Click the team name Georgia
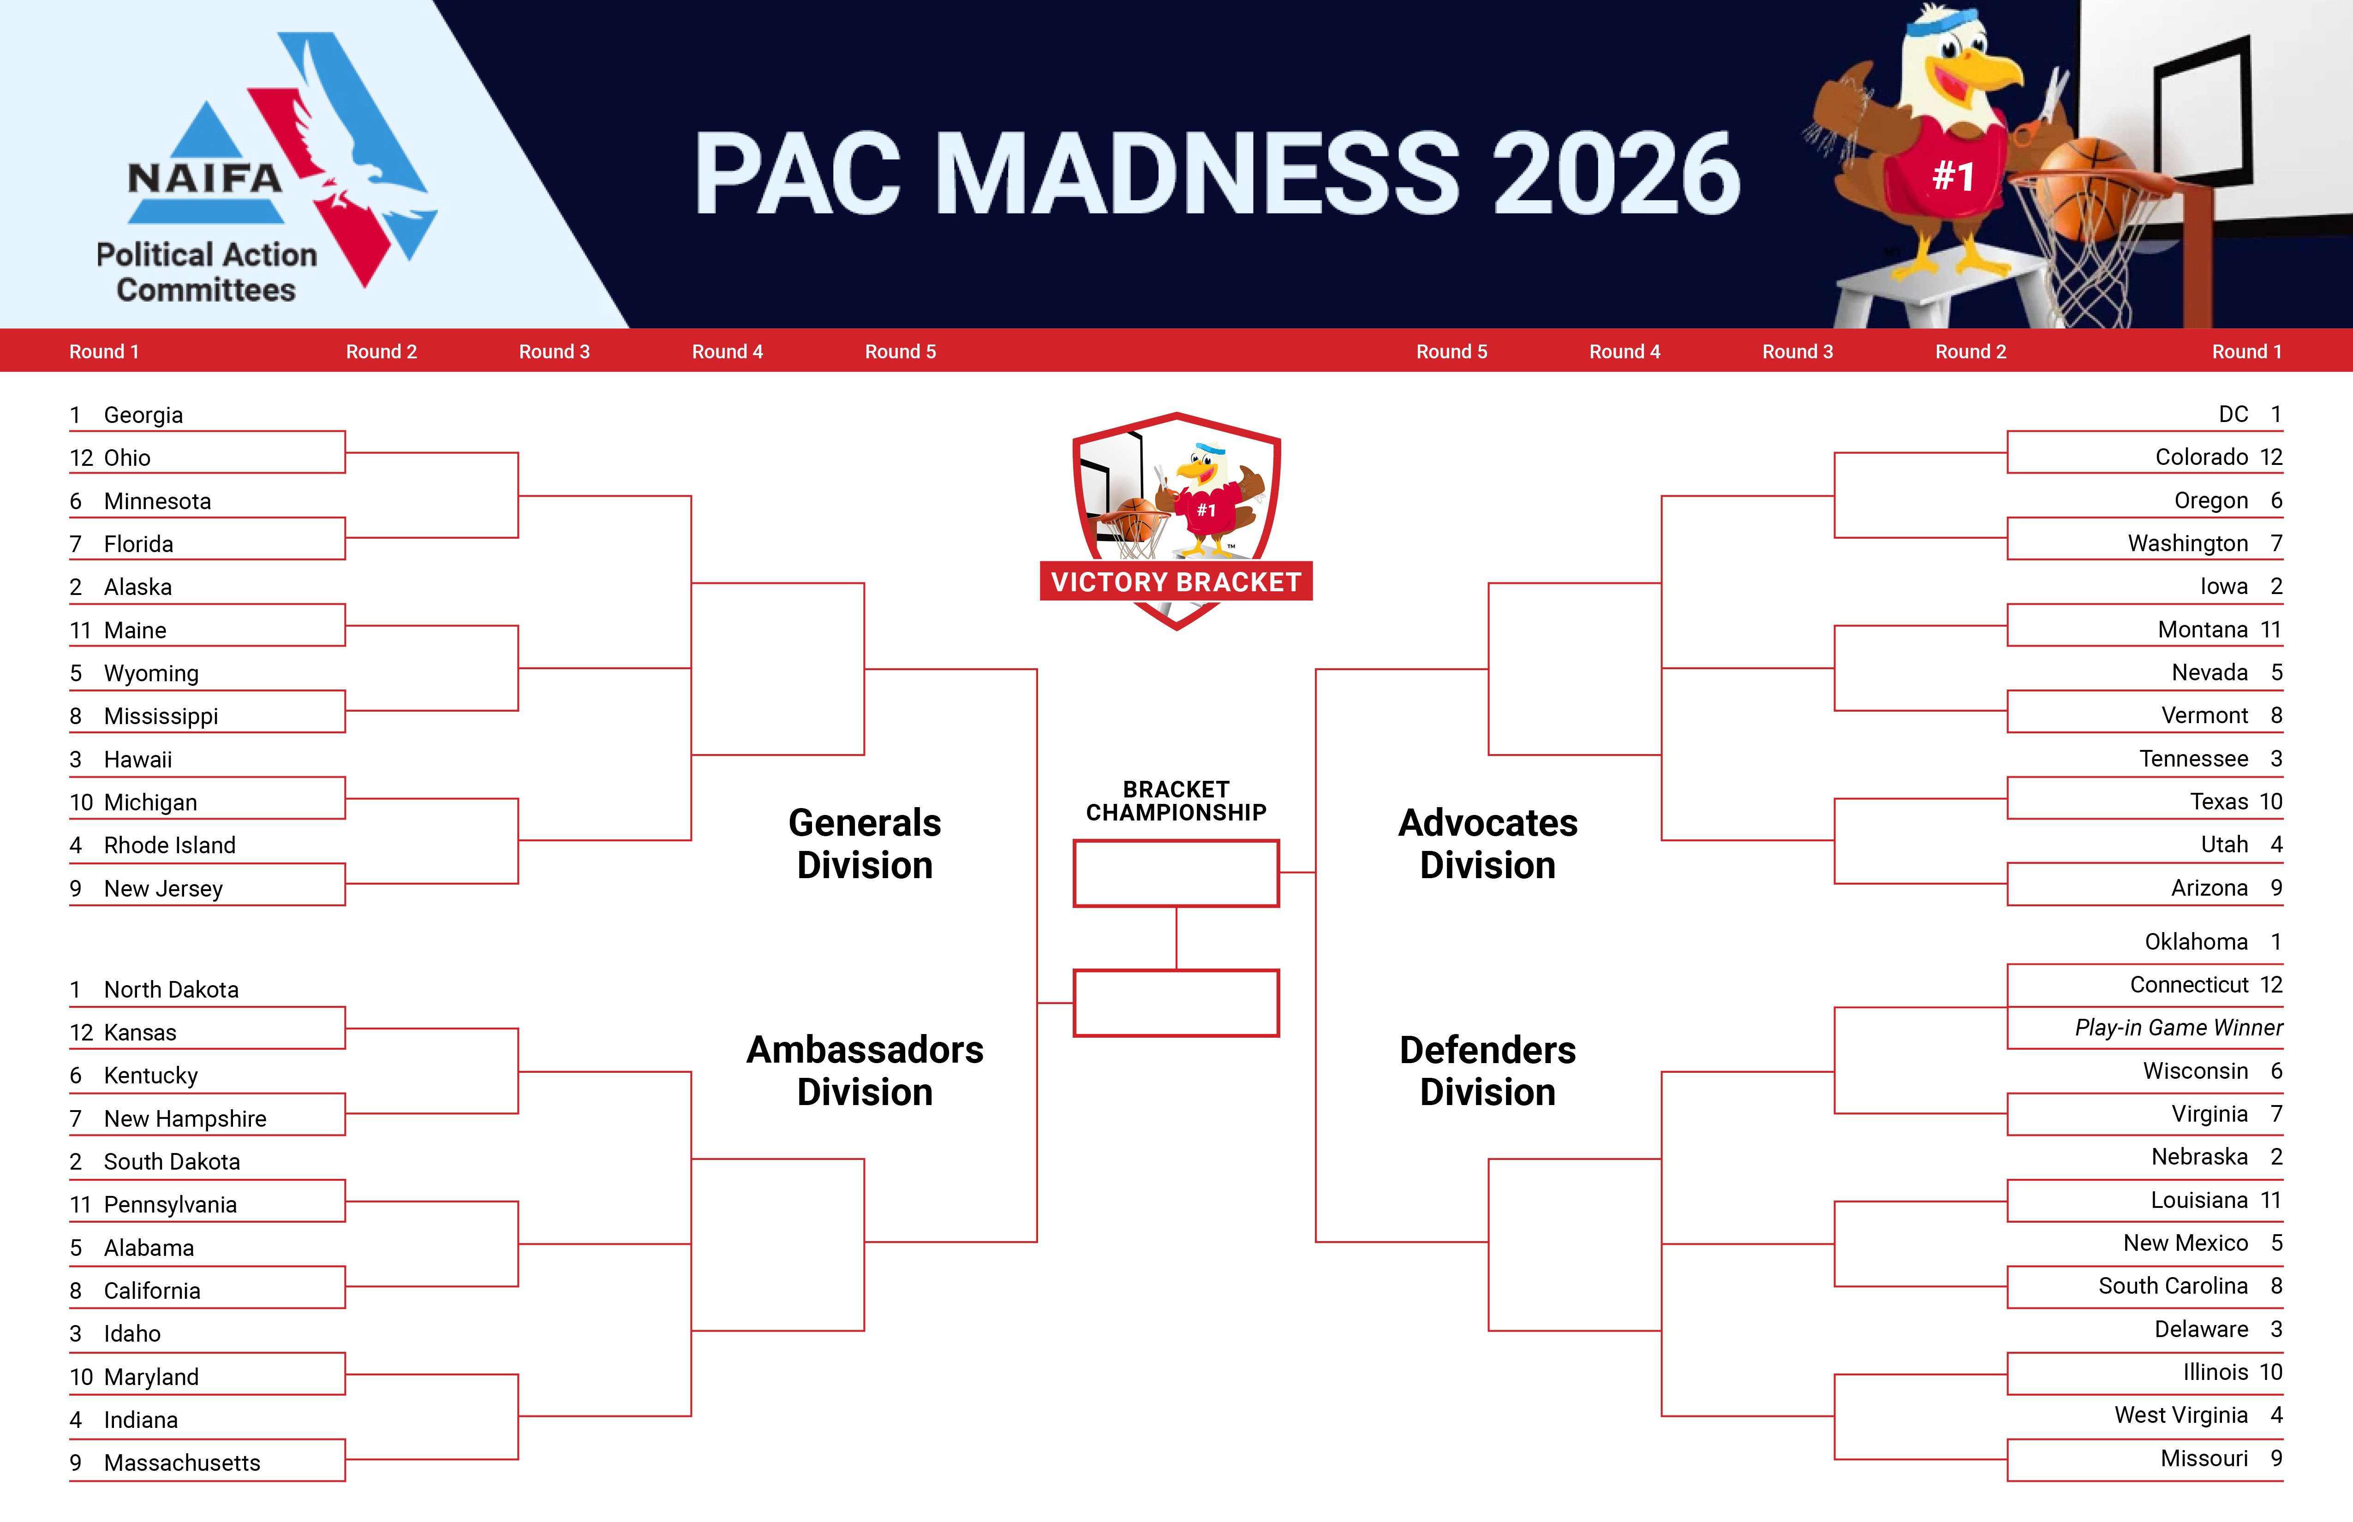(x=143, y=415)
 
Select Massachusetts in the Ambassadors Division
(x=182, y=1463)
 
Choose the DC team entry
(x=2234, y=414)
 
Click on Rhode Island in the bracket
(x=169, y=845)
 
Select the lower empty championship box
(x=1176, y=1003)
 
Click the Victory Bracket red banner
(x=1176, y=582)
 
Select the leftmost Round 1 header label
(x=104, y=352)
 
